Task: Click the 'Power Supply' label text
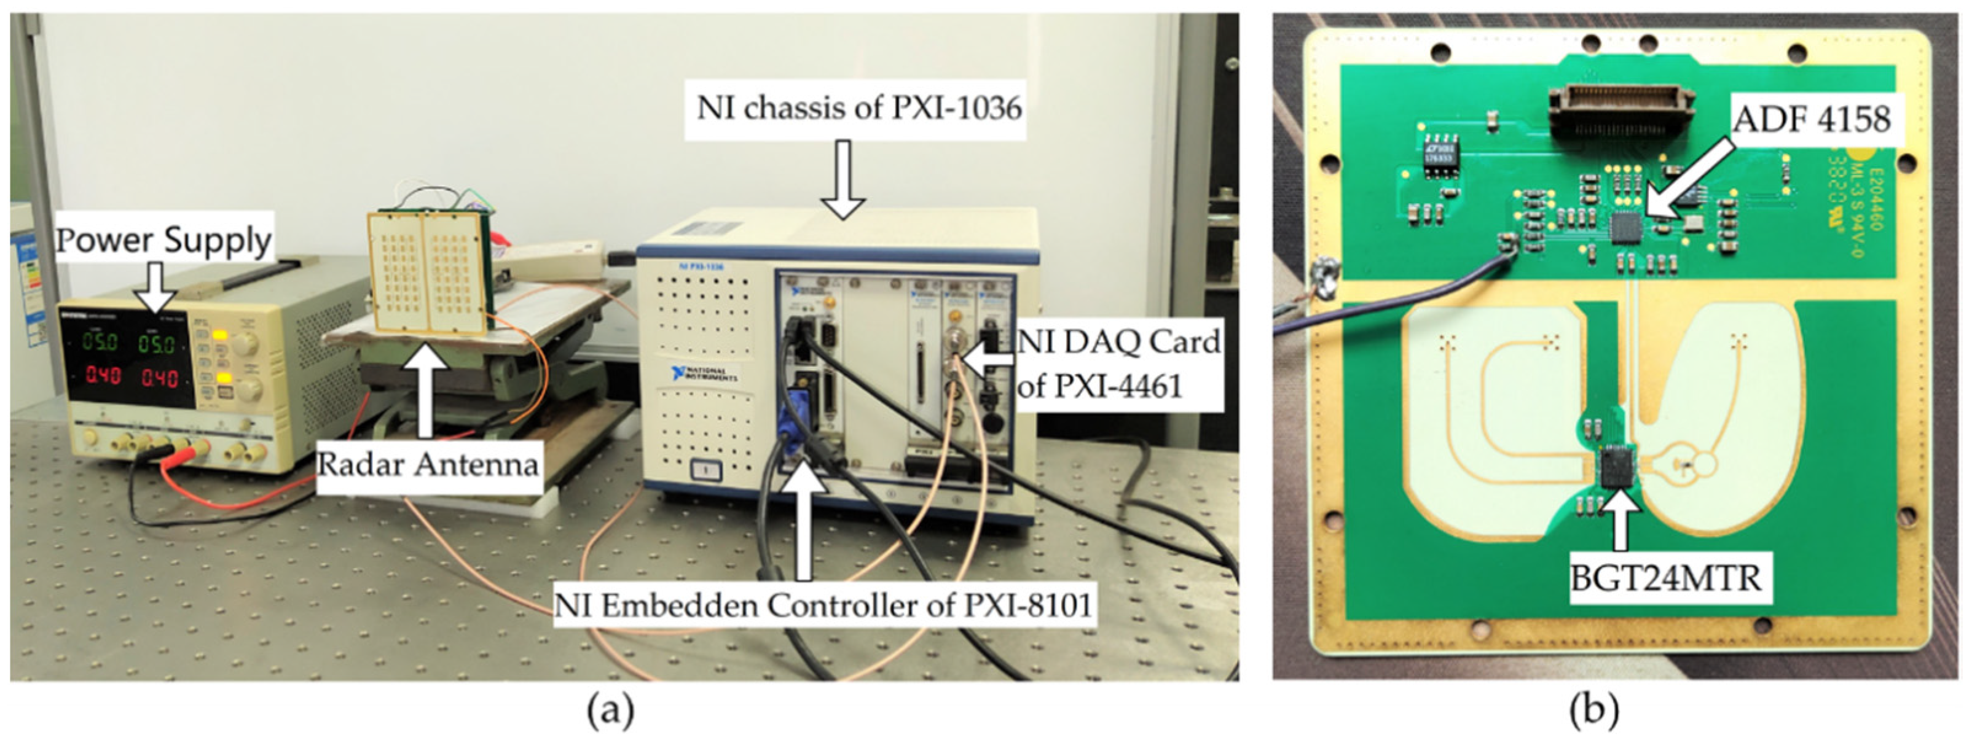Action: tap(163, 240)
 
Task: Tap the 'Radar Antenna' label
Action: tap(427, 464)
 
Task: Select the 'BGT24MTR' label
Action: tap(1667, 578)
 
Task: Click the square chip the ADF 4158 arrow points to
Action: tap(1627, 227)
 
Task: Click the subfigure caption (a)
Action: tap(610, 712)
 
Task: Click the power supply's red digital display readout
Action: tap(132, 376)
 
